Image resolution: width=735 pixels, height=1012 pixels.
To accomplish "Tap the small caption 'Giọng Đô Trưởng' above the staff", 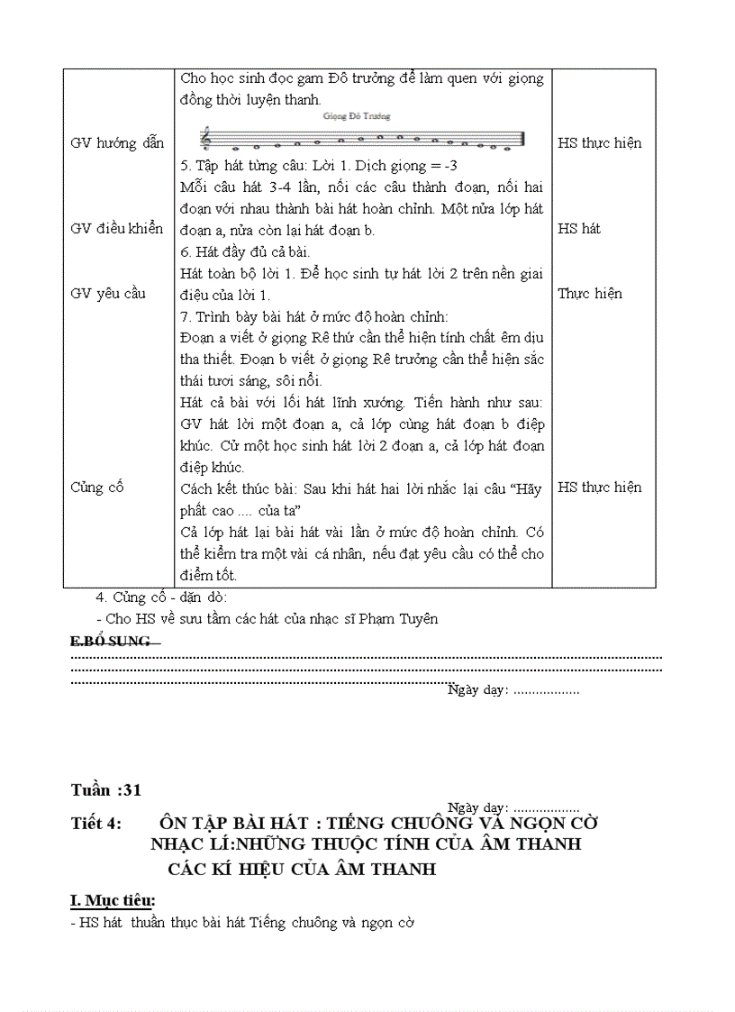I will [x=356, y=116].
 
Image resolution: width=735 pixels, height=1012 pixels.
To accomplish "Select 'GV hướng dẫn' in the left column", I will [x=117, y=143].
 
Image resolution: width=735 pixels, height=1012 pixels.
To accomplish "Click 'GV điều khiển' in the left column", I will [x=117, y=229].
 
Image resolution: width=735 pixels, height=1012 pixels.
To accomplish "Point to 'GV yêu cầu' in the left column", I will [x=107, y=294].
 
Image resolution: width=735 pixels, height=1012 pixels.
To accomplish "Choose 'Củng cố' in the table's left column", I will [x=97, y=488].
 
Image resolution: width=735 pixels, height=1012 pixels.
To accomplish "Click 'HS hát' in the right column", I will [x=579, y=229].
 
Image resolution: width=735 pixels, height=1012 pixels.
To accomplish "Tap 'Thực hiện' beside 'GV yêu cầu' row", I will [x=590, y=294].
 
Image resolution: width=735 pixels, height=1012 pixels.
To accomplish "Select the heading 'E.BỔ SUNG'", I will [x=111, y=642].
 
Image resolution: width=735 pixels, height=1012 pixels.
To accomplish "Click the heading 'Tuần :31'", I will [x=106, y=790].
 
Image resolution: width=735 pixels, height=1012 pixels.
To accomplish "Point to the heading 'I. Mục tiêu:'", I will [x=113, y=900].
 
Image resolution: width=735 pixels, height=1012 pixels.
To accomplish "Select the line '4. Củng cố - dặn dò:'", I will [x=162, y=597].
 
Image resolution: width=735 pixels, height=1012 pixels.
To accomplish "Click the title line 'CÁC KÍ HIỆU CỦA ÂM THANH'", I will [x=302, y=870].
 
